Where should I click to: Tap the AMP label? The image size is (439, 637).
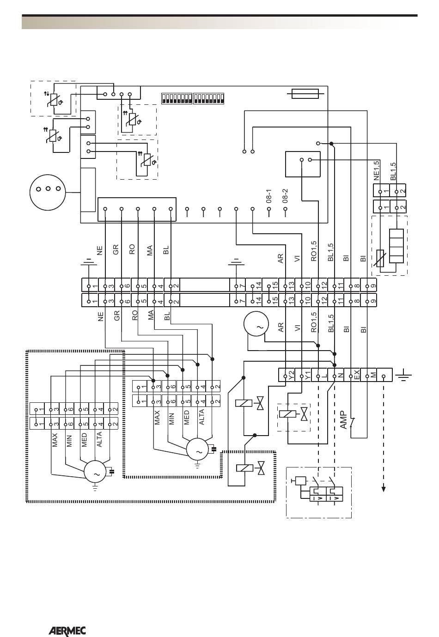pyautogui.click(x=344, y=420)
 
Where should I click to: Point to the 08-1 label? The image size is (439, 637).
pyautogui.click(x=269, y=195)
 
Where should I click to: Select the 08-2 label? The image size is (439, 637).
pyautogui.click(x=285, y=195)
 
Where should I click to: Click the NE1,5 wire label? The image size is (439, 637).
pyautogui.click(x=377, y=170)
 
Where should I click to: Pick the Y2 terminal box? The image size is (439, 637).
pyautogui.click(x=287, y=375)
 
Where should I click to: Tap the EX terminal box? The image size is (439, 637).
pyautogui.click(x=352, y=375)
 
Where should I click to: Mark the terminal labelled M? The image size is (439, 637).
pyautogui.click(x=368, y=375)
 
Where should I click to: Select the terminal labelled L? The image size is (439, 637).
pyautogui.click(x=319, y=375)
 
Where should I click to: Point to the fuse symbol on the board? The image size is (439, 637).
pyautogui.click(x=305, y=94)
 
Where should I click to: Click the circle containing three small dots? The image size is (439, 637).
pyautogui.click(x=48, y=192)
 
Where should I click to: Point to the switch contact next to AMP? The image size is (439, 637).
pyautogui.click(x=353, y=421)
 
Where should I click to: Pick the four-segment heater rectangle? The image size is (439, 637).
pyautogui.click(x=396, y=246)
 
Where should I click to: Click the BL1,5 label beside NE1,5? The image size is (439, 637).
pyautogui.click(x=393, y=171)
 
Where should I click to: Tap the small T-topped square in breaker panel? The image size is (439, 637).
pyautogui.click(x=300, y=480)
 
